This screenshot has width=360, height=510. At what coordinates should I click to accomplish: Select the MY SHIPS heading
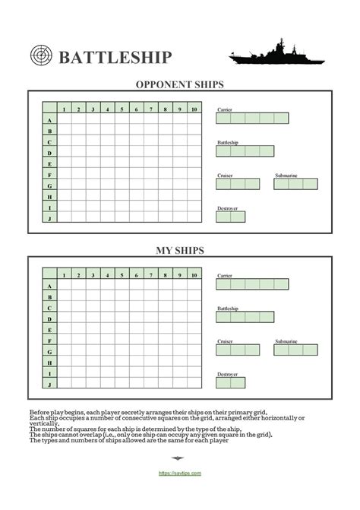180,249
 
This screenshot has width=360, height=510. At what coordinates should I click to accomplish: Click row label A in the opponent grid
49,120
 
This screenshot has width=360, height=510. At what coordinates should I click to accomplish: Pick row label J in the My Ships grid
49,385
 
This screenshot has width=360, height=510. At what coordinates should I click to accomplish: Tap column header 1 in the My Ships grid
65,275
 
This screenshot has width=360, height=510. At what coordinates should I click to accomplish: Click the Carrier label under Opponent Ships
224,110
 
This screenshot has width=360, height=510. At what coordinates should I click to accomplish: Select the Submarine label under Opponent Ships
286,176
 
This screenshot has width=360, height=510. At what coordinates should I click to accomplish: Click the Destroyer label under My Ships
228,374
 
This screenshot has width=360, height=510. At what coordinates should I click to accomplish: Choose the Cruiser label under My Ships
225,341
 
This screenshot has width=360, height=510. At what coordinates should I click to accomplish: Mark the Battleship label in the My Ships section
228,308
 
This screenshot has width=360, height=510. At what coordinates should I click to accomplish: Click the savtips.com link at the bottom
180,473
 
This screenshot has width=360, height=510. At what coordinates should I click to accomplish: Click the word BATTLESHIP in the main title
115,58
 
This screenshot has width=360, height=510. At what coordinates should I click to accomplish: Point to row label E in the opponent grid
49,163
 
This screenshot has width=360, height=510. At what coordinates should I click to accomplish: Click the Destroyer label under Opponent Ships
228,208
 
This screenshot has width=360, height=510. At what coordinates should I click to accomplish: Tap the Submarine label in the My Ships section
286,341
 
